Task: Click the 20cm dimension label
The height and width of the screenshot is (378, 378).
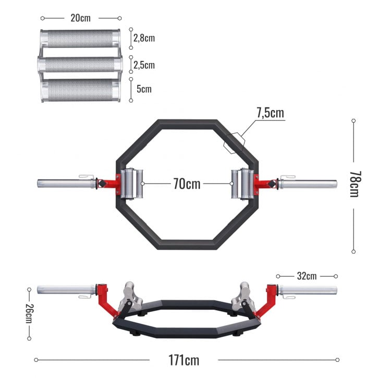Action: pyautogui.click(x=80, y=17)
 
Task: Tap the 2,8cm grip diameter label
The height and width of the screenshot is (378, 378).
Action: pyautogui.click(x=144, y=38)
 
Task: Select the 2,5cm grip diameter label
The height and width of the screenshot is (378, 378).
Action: pyautogui.click(x=144, y=65)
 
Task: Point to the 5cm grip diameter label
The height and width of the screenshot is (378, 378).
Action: pyautogui.click(x=144, y=89)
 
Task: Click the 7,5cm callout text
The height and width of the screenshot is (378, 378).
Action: pyautogui.click(x=270, y=113)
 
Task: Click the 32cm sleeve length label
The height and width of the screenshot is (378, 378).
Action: pyautogui.click(x=307, y=276)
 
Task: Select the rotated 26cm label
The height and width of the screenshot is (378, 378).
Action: pyautogui.click(x=29, y=314)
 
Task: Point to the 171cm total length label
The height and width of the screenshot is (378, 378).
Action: pyautogui.click(x=184, y=360)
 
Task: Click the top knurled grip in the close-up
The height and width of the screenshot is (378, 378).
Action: pyautogui.click(x=80, y=38)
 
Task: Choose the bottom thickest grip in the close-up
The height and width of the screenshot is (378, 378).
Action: pyautogui.click(x=80, y=90)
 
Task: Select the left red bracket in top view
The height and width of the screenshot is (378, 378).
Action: pyautogui.click(x=108, y=184)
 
